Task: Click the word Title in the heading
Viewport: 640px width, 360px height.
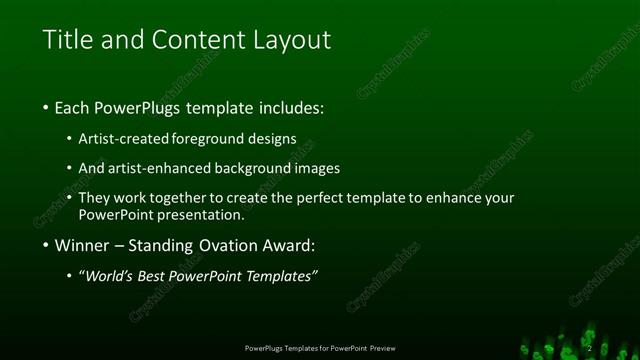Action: tap(68, 40)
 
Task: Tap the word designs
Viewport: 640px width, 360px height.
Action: tap(272, 139)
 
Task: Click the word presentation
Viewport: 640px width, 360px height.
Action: tap(201, 214)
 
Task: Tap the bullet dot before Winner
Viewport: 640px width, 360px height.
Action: tap(46, 245)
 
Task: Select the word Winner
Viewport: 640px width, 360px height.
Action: tap(83, 245)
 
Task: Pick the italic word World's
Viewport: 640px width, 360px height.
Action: tap(109, 276)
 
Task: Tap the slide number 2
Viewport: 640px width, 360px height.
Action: tap(589, 348)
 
